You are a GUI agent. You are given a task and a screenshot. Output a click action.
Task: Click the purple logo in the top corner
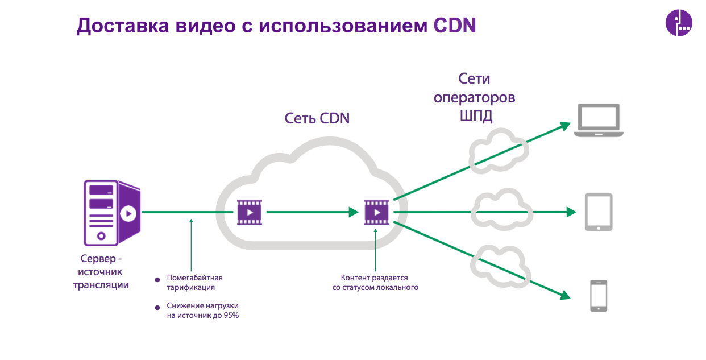[x=679, y=23]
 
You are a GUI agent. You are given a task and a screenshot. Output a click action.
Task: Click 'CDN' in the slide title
[x=455, y=26]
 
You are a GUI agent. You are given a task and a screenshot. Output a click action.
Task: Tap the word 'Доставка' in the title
[x=123, y=26]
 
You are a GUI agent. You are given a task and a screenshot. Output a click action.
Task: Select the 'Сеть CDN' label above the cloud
[x=317, y=118]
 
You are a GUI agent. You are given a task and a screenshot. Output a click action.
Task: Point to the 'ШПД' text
[x=476, y=116]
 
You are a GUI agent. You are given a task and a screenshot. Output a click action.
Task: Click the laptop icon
[x=598, y=121]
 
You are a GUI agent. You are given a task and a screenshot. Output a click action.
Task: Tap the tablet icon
[x=599, y=212]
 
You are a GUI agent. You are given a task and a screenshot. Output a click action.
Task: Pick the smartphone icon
[x=599, y=296]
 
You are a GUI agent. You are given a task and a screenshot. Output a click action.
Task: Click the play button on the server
[x=128, y=214]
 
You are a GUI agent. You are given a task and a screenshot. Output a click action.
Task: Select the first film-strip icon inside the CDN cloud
[x=250, y=212]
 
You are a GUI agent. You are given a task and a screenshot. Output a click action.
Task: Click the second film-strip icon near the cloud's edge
[x=377, y=212]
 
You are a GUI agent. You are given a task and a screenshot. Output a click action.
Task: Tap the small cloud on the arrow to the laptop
[x=499, y=151]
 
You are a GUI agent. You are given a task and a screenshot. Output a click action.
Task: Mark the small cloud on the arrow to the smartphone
[x=500, y=266]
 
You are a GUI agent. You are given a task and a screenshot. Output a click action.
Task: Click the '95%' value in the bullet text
[x=231, y=315]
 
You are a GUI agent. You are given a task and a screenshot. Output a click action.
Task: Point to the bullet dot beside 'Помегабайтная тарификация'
[x=157, y=280]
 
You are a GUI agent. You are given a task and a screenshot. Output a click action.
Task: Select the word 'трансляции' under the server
[x=101, y=285]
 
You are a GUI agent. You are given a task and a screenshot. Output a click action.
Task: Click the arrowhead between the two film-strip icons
[x=354, y=212]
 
